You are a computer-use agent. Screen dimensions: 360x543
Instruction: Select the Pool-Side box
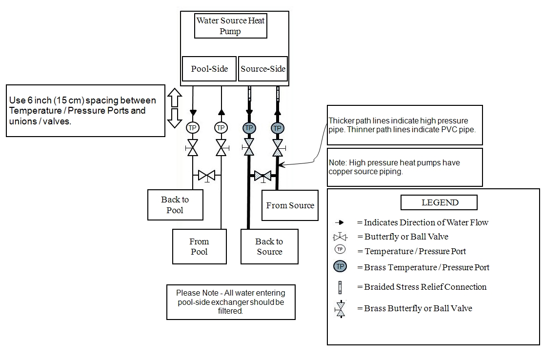[x=209, y=69]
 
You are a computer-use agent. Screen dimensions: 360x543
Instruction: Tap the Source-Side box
[x=263, y=69]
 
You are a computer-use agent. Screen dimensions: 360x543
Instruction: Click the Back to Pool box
[x=175, y=205]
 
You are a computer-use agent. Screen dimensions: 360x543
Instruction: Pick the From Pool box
[x=199, y=246]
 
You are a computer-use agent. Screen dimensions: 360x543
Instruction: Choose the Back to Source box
[x=269, y=246]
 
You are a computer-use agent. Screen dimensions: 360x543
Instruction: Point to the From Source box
[x=290, y=205]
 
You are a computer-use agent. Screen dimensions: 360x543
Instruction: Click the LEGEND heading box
[x=439, y=202]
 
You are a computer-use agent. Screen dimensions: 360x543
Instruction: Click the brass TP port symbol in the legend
[x=340, y=267]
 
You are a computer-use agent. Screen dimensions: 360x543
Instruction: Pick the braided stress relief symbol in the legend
[x=340, y=287]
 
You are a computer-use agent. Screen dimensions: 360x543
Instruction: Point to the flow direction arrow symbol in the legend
[x=340, y=222]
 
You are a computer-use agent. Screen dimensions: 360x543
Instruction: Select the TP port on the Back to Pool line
[x=193, y=128]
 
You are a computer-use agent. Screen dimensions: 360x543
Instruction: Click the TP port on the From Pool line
[x=221, y=128]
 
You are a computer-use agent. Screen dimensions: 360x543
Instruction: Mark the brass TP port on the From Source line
[x=277, y=128]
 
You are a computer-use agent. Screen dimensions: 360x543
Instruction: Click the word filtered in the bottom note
[x=231, y=311]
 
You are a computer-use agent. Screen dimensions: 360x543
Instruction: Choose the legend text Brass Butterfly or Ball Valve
[x=418, y=308]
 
